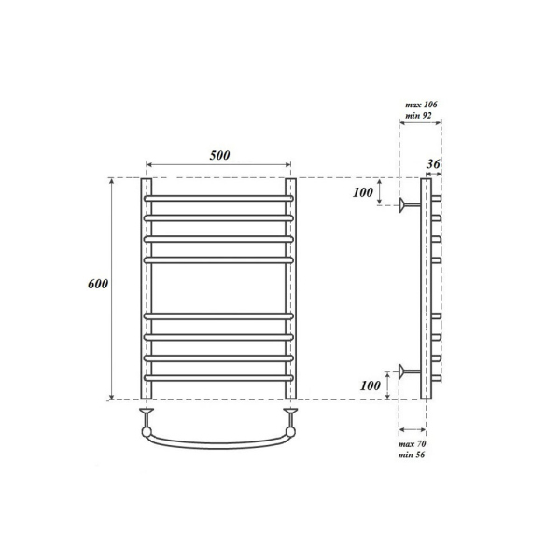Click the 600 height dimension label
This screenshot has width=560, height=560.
(100, 284)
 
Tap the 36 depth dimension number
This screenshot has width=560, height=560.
(432, 164)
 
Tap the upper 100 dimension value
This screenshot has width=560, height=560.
(362, 193)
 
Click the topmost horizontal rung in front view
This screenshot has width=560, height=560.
(217, 199)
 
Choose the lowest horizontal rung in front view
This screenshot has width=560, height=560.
(217, 377)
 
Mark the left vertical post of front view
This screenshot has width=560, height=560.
(146, 289)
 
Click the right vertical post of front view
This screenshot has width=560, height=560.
(289, 289)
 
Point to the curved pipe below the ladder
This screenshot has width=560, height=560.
(217, 441)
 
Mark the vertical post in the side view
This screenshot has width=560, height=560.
(426, 289)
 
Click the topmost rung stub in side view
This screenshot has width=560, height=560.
(436, 199)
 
